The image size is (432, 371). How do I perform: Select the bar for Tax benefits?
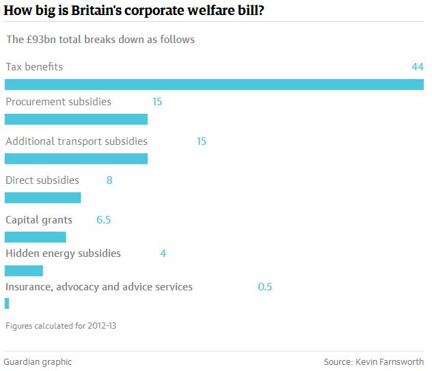pos(214,85)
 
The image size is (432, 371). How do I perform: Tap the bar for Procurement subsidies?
pos(76,119)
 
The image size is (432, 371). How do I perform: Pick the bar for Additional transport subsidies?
pos(76,159)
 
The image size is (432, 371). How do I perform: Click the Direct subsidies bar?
pos(42,198)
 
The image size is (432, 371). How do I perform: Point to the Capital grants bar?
pos(35,237)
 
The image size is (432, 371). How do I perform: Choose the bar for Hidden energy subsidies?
pos(23,271)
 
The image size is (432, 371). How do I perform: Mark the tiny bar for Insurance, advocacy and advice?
pos(7,303)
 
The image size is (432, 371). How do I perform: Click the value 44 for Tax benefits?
pos(418,67)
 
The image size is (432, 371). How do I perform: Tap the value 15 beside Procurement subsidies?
pos(157,102)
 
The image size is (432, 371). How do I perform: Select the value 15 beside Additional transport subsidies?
pos(201,141)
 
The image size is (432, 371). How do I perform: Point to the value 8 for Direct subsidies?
pos(109,180)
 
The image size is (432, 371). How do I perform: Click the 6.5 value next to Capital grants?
pos(103,220)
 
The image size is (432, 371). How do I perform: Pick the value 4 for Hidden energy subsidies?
pos(163,253)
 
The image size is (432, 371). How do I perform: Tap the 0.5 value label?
pos(265,287)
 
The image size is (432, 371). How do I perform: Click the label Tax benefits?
pos(34,67)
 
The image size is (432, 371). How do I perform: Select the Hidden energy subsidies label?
pos(63,253)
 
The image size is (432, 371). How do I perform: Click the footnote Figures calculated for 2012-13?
pos(61,326)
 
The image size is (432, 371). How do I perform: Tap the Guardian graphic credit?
pos(38,362)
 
